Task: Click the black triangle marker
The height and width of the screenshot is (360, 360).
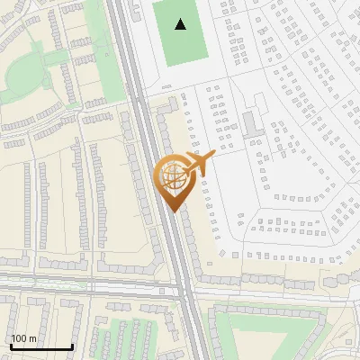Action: (x=181, y=24)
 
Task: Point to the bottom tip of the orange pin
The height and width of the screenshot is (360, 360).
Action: (x=172, y=211)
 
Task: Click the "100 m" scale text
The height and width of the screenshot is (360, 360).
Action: (x=24, y=338)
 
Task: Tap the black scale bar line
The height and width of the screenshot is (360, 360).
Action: (x=41, y=347)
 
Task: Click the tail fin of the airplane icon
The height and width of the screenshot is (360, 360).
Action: (x=192, y=158)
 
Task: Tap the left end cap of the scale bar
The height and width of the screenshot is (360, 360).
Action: (x=11, y=346)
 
